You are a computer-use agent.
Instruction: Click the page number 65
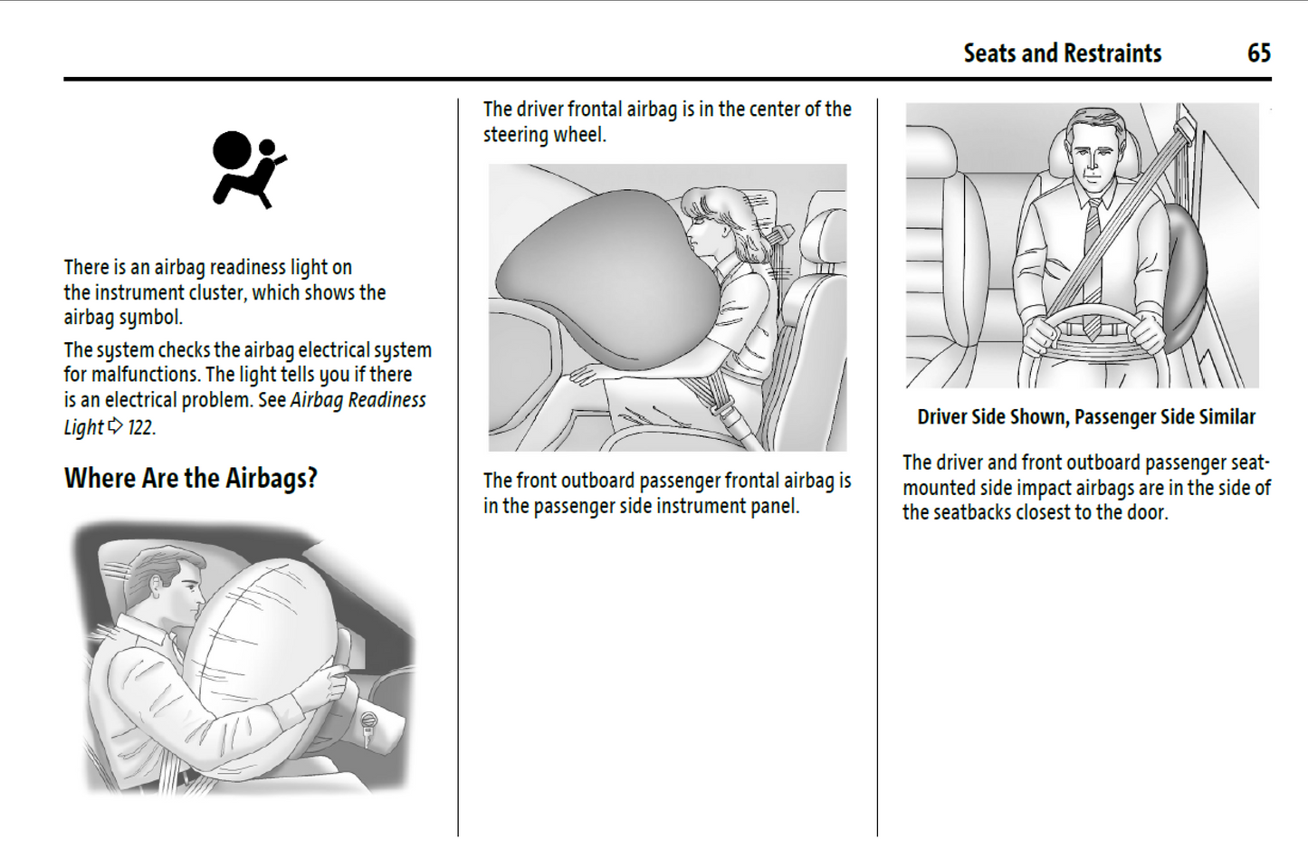(1259, 53)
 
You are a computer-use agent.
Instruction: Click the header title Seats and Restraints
(1062, 53)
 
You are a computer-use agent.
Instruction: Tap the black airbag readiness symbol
(249, 169)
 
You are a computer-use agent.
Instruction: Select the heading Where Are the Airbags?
(191, 478)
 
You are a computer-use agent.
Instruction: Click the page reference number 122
(140, 428)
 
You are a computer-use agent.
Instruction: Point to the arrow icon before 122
(116, 426)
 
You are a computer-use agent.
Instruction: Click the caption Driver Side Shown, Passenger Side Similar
(1086, 416)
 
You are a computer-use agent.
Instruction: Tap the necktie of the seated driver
(1093, 269)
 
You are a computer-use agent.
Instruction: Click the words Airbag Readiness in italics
(358, 400)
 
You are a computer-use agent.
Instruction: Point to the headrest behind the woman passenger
(824, 239)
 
